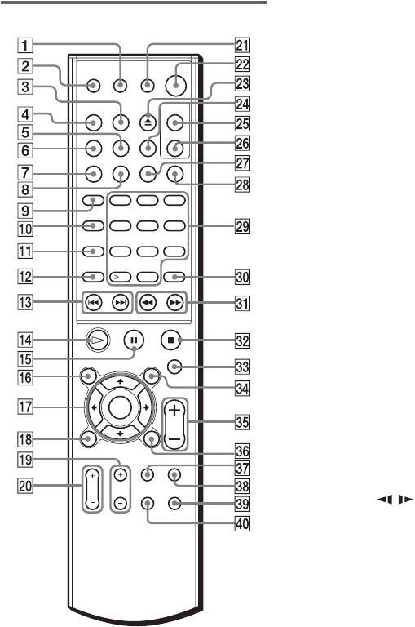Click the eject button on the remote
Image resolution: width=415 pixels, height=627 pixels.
coord(148,122)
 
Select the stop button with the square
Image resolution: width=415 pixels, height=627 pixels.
coord(171,340)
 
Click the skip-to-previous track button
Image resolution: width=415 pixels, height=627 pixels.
coord(94,303)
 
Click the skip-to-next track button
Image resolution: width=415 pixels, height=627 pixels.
coord(120,303)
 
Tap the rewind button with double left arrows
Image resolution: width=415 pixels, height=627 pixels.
coord(148,303)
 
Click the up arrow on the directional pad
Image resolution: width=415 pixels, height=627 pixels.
coord(120,382)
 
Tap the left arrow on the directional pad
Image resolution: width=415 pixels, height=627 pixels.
coord(94,408)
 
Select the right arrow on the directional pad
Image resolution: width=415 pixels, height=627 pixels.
coord(146,408)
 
